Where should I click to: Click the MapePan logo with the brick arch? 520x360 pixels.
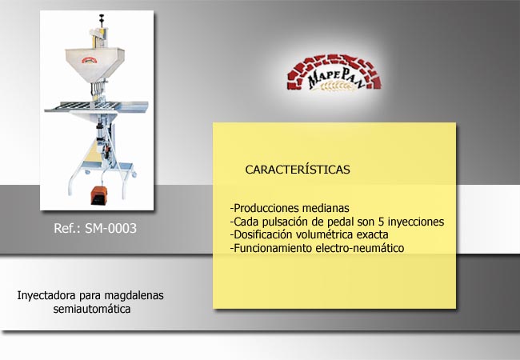pyautogui.click(x=334, y=72)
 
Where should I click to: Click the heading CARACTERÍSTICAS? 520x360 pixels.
pyautogui.click(x=298, y=170)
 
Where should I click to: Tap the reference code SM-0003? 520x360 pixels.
pyautogui.click(x=110, y=228)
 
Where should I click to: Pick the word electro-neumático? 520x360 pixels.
pyautogui.click(x=360, y=248)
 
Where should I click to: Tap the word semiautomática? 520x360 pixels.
pyautogui.click(x=92, y=309)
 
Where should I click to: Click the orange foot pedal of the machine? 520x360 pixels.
pyautogui.click(x=98, y=195)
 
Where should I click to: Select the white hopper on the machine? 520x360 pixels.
pyautogui.click(x=94, y=64)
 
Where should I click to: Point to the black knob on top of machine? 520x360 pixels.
pyautogui.click(x=101, y=17)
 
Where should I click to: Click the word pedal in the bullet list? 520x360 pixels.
pyautogui.click(x=342, y=222)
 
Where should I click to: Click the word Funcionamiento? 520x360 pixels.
pyautogui.click(x=273, y=248)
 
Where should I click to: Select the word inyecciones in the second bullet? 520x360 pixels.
pyautogui.click(x=416, y=222)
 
